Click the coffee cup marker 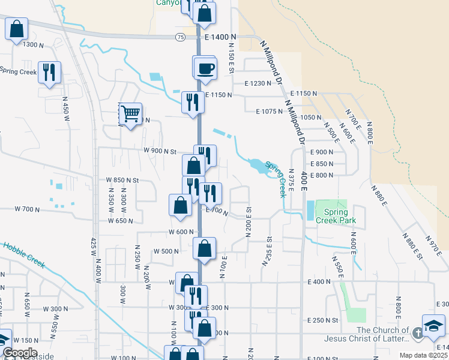point(205,67)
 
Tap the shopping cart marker point(130,113)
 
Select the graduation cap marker point(434,326)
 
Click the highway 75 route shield point(180,37)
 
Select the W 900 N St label point(159,151)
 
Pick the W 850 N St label point(122,180)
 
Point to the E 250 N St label point(322,320)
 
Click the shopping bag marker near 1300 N point(16,28)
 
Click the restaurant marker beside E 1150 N point(193,102)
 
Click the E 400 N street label point(319,281)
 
